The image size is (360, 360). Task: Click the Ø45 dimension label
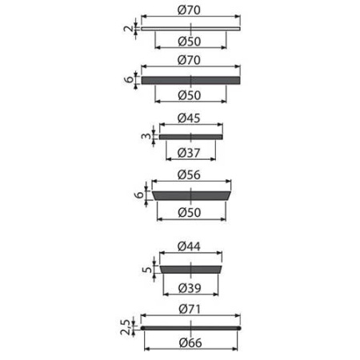[189, 118]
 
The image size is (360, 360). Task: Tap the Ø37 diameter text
[189, 153]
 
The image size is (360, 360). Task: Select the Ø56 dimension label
[189, 174]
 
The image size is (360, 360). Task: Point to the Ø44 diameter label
[189, 246]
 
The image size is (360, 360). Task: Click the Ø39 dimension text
[190, 288]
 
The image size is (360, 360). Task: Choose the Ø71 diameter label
[190, 309]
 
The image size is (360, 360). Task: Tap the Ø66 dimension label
[190, 342]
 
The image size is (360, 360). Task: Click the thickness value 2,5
[126, 327]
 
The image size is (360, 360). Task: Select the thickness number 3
[146, 136]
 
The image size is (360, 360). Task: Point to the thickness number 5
[147, 270]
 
